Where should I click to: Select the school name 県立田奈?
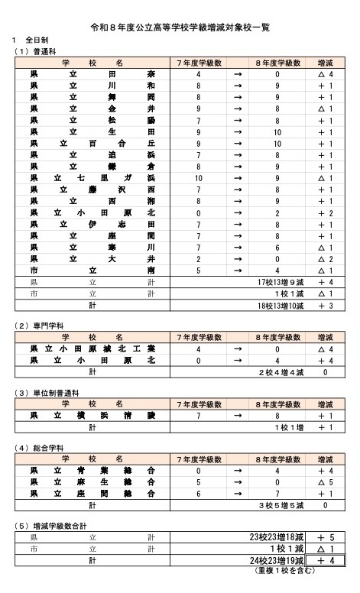(92, 75)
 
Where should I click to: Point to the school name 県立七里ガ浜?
(92, 178)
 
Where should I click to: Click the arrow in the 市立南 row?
(238, 270)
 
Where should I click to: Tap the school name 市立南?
(92, 270)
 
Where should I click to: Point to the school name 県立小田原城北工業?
(92, 349)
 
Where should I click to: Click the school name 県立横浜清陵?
(92, 416)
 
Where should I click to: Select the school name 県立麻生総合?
(92, 483)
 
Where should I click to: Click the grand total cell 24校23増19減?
(277, 560)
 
